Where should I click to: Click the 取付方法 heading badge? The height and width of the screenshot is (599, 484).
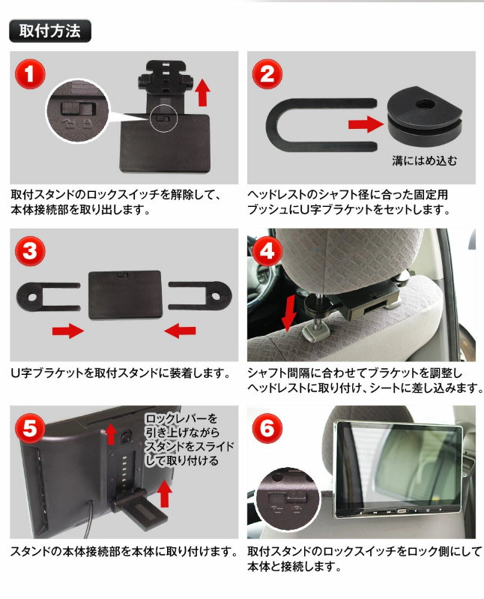point(49,31)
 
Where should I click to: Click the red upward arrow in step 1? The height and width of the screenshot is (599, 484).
point(202,94)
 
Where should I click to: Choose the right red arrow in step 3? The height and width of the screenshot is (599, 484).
point(180,331)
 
